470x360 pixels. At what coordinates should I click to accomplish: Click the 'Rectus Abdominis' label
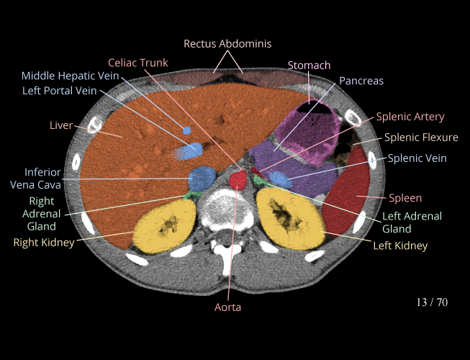227,44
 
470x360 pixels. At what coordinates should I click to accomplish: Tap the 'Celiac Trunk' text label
138,63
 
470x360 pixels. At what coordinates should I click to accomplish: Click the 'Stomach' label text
309,66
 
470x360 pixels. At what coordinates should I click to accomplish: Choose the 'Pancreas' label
361,81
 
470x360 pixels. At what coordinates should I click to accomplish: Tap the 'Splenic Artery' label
410,117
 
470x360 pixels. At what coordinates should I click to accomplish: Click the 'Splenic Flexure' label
421,138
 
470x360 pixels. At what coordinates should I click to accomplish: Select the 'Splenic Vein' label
417,158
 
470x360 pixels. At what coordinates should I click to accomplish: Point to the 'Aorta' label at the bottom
227,307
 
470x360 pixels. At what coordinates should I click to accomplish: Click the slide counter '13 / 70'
432,302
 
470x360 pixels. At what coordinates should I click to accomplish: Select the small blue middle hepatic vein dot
187,130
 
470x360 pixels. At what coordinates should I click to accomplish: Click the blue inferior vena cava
202,177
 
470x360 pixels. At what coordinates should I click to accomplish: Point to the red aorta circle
239,178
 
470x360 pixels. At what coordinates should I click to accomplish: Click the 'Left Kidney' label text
399,246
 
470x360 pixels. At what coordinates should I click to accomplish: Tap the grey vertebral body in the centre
227,209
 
